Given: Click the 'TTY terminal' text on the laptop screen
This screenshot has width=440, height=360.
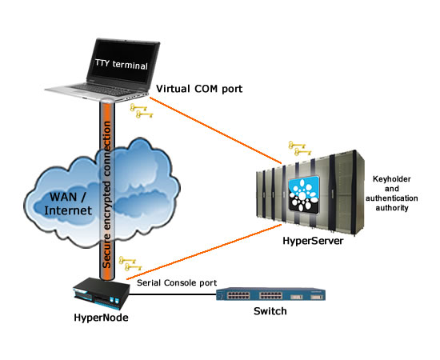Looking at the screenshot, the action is tap(122, 64).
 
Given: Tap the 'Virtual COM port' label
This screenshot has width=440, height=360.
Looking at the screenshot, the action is tap(199, 89).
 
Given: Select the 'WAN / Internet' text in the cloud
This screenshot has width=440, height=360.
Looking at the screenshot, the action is tap(68, 204).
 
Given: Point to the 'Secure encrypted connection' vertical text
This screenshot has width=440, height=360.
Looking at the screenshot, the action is tap(107, 194).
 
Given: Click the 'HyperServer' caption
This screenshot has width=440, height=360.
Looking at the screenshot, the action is tap(313, 241).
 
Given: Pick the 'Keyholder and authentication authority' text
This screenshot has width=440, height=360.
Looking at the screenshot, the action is tap(392, 194).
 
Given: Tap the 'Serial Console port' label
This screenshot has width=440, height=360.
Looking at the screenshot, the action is tap(177, 283).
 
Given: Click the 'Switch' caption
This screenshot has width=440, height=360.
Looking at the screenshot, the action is tap(270, 311).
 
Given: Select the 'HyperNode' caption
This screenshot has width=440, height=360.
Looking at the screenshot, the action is tap(101, 318).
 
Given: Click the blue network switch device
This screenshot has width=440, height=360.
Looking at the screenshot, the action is tap(270, 294).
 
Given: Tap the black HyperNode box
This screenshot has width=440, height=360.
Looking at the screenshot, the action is tap(102, 293).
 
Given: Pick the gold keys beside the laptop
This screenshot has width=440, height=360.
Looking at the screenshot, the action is tap(142, 111).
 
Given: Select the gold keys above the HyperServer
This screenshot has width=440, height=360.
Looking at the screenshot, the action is tap(300, 148).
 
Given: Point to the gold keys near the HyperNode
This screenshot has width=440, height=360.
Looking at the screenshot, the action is tap(130, 264).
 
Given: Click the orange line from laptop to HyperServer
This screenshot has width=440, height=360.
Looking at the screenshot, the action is tap(215, 130).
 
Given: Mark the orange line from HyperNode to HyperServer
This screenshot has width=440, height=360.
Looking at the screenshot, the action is tap(204, 252).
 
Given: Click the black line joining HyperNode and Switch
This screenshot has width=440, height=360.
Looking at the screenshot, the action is tap(173, 294).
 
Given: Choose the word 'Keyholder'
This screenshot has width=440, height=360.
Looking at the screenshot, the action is tap(392, 179).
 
